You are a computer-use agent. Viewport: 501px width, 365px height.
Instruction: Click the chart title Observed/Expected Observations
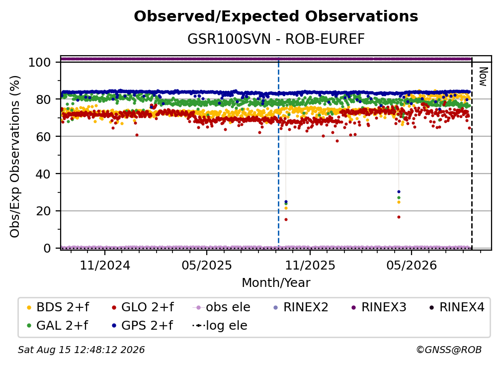click(276, 16)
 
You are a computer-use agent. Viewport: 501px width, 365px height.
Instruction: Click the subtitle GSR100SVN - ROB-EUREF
click(276, 39)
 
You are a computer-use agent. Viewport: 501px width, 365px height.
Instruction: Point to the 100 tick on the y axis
click(40, 62)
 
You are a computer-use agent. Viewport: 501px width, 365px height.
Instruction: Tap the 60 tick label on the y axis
click(43, 136)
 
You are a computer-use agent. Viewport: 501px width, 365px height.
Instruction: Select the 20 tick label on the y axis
click(43, 211)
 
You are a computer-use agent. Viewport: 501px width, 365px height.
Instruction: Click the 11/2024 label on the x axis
click(105, 265)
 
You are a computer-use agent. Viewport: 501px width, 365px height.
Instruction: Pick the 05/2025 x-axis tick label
click(207, 265)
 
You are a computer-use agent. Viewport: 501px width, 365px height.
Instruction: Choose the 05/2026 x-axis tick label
click(412, 265)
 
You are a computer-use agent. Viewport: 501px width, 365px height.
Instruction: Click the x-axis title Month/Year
click(276, 282)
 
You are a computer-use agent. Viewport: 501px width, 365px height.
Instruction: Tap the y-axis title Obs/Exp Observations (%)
click(15, 157)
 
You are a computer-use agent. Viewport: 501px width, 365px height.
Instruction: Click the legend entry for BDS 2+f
click(58, 307)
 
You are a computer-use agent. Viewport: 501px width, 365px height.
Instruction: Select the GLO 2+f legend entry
click(143, 307)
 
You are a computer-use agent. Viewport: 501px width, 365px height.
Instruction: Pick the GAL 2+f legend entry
click(58, 325)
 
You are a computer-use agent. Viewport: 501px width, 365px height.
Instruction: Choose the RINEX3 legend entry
click(379, 307)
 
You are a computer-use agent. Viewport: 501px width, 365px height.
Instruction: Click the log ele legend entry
click(220, 325)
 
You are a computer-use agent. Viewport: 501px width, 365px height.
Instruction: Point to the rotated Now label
click(483, 77)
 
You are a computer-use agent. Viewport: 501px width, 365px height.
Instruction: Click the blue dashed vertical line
click(279, 153)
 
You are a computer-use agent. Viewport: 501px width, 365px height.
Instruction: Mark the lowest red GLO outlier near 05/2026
click(399, 217)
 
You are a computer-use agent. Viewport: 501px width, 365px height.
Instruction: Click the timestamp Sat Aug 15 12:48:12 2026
click(81, 350)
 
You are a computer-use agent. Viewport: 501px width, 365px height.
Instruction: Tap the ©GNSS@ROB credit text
click(449, 350)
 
